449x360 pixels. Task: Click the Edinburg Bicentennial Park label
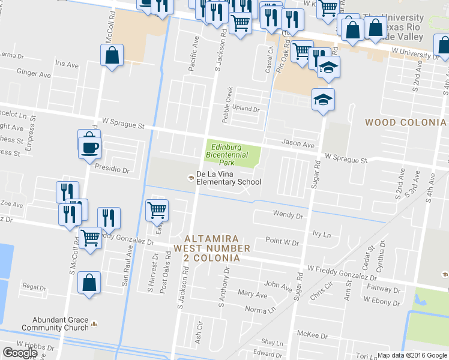pos(226,154)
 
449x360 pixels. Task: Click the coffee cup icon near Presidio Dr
pos(89,147)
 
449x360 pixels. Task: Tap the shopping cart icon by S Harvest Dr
pos(157,210)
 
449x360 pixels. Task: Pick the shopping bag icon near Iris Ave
pos(112,56)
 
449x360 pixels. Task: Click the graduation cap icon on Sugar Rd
pos(323,100)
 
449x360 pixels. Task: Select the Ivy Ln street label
pos(322,235)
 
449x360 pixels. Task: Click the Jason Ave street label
pos(298,145)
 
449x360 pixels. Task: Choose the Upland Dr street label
pos(247,110)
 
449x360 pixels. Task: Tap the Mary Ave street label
pos(252,295)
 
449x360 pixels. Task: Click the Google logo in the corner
pos(20,353)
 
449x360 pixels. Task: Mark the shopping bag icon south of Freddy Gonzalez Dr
pos(89,283)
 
